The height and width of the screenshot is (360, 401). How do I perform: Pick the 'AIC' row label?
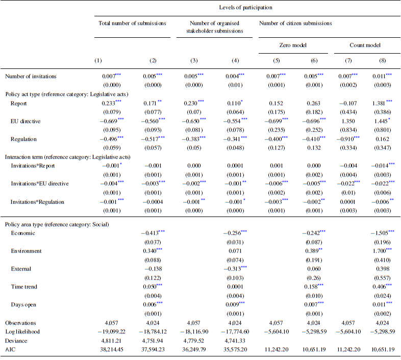(x=11, y=350)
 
